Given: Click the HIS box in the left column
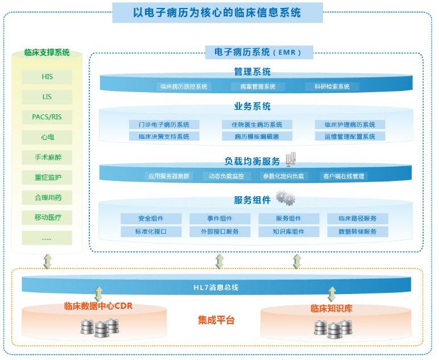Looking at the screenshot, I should click(x=47, y=77).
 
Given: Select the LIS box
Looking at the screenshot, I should click(x=47, y=97).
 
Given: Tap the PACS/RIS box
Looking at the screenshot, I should click(x=47, y=117).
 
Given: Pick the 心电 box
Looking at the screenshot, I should click(x=47, y=137).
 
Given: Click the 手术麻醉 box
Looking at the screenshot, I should click(x=47, y=157).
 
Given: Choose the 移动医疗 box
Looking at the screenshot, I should click(x=47, y=217).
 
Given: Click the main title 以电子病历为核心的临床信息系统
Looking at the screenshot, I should click(x=217, y=12).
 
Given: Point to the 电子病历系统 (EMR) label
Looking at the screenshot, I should click(x=259, y=52).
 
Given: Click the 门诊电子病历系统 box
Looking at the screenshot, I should click(x=164, y=125).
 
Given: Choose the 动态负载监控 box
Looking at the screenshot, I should click(x=226, y=176).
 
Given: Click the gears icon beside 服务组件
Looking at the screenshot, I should click(x=285, y=198).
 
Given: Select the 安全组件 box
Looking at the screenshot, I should click(x=151, y=219).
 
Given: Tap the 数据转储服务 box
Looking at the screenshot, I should click(x=357, y=231).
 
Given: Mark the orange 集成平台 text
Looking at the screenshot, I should click(x=216, y=320).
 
